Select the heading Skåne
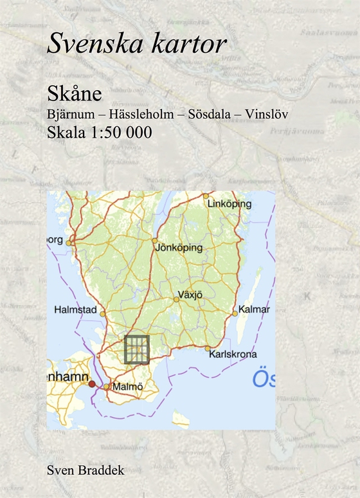click(75, 94)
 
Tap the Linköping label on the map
click(230, 204)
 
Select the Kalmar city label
click(254, 309)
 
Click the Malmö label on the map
click(126, 387)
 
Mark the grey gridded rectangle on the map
click(137, 349)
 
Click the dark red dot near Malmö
click(92, 384)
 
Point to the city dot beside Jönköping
click(155, 241)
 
